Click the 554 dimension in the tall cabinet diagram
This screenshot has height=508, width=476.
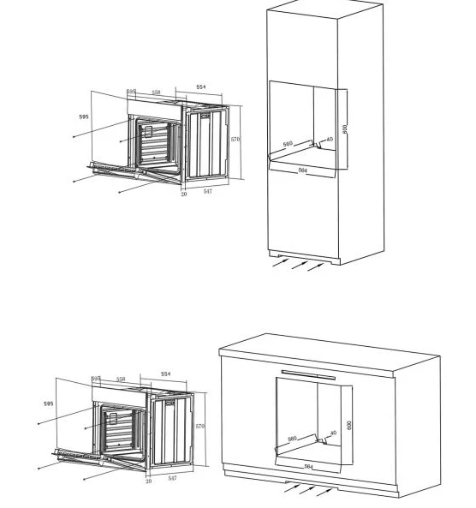200,87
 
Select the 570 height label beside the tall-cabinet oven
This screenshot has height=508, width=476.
235,139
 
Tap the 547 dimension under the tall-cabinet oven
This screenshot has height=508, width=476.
207,191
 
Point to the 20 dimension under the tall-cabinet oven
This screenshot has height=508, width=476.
183,194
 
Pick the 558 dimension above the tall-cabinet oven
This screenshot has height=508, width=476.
157,92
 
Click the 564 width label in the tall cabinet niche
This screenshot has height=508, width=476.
302,170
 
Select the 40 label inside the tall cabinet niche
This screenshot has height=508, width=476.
330,140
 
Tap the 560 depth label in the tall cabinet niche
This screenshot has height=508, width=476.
289,145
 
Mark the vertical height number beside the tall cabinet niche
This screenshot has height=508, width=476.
345,128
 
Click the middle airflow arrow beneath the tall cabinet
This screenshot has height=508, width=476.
299,265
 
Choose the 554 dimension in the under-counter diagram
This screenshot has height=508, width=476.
165,374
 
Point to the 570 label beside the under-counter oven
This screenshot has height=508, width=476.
200,426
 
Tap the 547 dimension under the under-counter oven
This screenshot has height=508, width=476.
172,478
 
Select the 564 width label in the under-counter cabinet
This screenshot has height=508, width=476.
309,467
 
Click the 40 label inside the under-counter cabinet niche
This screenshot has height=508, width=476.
333,433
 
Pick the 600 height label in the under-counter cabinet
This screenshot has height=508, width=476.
349,425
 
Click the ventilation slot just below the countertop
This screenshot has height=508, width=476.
308,374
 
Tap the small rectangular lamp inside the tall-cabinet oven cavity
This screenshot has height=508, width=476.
147,132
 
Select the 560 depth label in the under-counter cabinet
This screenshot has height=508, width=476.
292,439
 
